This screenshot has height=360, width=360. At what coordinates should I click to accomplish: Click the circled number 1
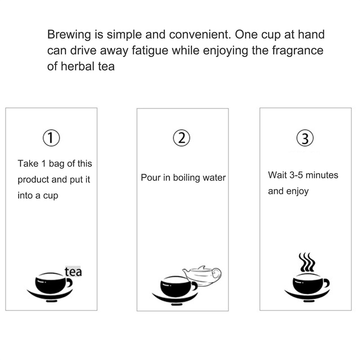point(51,138)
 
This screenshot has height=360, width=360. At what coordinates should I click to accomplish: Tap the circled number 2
point(181,138)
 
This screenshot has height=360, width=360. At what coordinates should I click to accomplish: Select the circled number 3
point(305,138)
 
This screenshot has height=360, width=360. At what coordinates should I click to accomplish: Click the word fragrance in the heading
point(297,51)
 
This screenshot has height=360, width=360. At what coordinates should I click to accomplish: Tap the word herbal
point(77,66)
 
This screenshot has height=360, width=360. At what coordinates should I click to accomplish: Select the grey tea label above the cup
point(73,271)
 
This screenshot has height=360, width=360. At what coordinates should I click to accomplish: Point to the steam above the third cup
point(307,262)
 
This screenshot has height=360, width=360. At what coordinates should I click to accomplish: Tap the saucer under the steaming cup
point(307,296)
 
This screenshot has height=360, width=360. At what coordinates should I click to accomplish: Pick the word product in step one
point(33,180)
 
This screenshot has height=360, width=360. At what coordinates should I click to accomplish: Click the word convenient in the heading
point(200,35)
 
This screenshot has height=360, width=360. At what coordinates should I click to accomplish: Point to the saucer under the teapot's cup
point(175,299)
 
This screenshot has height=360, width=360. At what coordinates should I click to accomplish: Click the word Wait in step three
point(277,175)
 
